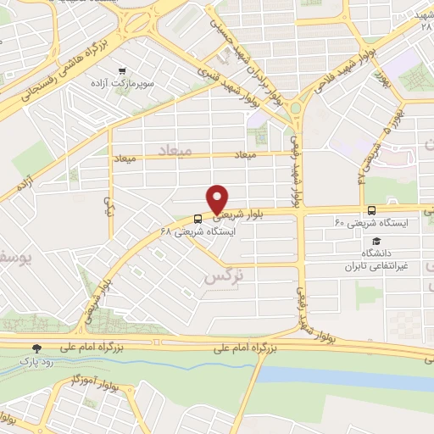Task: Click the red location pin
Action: click(218, 198)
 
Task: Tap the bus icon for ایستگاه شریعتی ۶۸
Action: click(197, 217)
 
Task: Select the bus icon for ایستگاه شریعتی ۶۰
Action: click(372, 210)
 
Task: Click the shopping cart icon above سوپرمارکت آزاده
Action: click(124, 71)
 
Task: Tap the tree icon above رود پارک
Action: click(36, 348)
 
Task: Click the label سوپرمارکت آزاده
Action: click(124, 86)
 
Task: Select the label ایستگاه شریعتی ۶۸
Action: click(194, 231)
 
